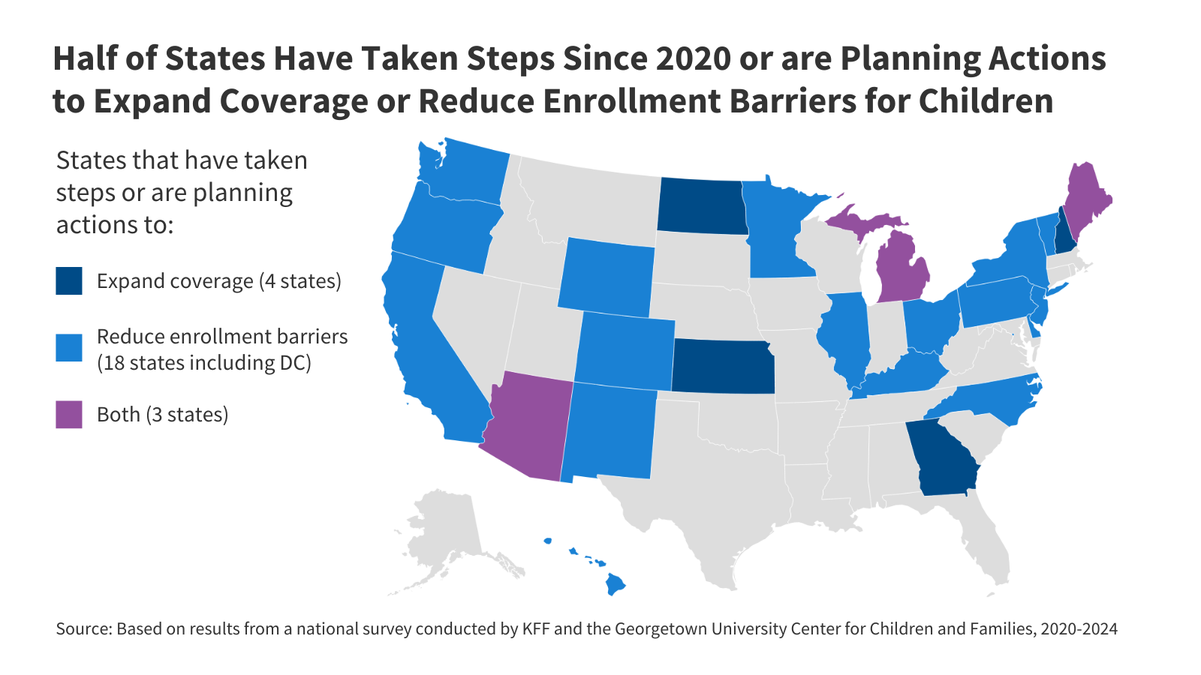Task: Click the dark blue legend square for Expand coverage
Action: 69,281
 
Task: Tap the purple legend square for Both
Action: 69,415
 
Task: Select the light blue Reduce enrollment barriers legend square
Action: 69,348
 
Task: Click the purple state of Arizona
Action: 528,427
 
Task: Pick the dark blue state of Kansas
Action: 722,366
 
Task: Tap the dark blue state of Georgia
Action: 943,457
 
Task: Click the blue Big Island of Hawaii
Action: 616,583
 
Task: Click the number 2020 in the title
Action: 693,58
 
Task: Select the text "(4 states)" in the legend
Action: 300,281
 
